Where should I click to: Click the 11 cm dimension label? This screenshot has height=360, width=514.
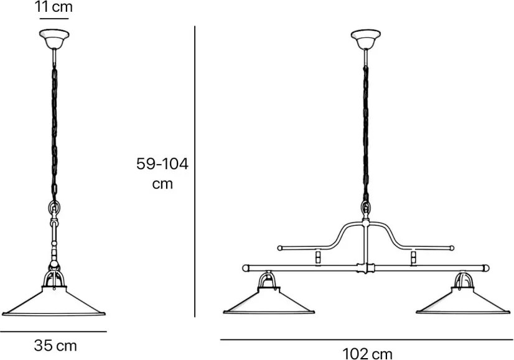click(x=54, y=7)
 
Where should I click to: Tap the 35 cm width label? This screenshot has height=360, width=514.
click(x=55, y=346)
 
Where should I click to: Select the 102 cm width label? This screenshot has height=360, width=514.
click(x=367, y=354)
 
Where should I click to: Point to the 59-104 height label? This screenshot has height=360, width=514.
click(x=162, y=164)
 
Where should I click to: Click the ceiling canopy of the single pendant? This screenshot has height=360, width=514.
click(x=54, y=39)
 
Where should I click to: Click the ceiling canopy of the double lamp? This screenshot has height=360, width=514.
click(x=365, y=39)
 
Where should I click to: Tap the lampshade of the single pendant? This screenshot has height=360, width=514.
click(x=54, y=301)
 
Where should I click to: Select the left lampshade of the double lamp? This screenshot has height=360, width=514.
click(x=269, y=301)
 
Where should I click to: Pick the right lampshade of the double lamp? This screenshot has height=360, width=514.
click(x=463, y=301)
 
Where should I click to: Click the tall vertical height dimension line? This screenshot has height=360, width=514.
click(x=195, y=172)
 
